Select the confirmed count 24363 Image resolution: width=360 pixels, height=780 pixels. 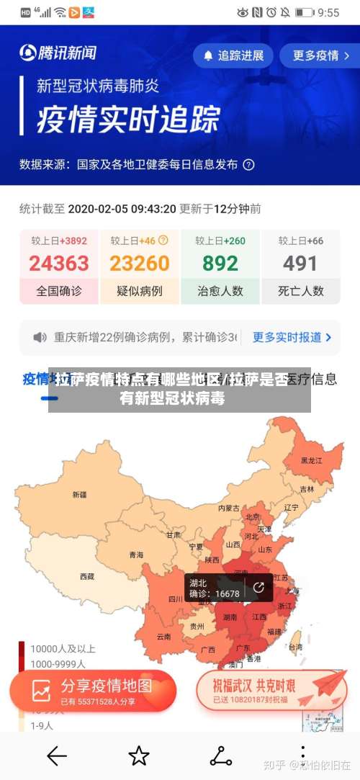pyautogui.click(x=59, y=264)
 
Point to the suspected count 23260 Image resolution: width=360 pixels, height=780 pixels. pyautogui.click(x=140, y=264)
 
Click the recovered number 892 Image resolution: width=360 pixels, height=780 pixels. pyautogui.click(x=220, y=264)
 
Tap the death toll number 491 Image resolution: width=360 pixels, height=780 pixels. pyautogui.click(x=300, y=264)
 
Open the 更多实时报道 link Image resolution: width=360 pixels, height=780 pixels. pyautogui.click(x=292, y=337)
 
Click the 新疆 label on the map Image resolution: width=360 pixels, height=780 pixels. pyautogui.click(x=79, y=495)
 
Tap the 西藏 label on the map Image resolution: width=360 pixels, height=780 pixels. pyautogui.click(x=87, y=576)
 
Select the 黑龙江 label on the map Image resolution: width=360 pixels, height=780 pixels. pyautogui.click(x=311, y=460)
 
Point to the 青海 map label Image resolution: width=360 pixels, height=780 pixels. pyautogui.click(x=136, y=555)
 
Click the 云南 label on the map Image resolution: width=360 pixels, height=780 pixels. pyautogui.click(x=163, y=637)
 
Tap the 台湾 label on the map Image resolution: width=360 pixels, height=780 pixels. pyautogui.click(x=295, y=647)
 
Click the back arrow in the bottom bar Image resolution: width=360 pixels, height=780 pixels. pyautogui.click(x=56, y=756)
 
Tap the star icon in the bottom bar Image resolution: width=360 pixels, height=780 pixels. pyautogui.click(x=138, y=756)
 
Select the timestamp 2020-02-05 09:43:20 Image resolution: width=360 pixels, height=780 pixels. pyautogui.click(x=122, y=209)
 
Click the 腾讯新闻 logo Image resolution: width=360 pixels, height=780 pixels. pyautogui.click(x=58, y=53)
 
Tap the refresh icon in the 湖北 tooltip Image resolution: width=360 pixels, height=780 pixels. pyautogui.click(x=258, y=587)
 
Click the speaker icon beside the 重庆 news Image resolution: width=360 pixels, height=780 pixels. pyautogui.click(x=40, y=337)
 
